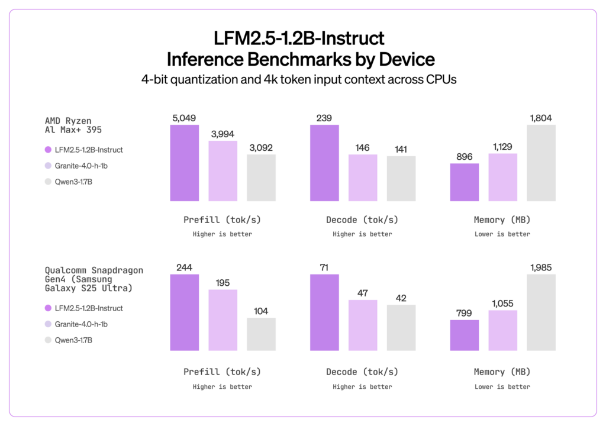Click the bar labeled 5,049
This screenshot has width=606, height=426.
click(x=185, y=163)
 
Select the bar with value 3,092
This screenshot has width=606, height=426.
click(x=261, y=177)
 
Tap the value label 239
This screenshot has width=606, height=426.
click(x=324, y=118)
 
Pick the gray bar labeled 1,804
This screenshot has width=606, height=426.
click(x=541, y=163)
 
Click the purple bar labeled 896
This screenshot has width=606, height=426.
click(x=465, y=182)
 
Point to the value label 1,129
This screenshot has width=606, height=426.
click(x=502, y=147)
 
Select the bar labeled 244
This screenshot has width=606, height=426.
click(x=185, y=312)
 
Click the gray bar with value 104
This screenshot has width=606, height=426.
click(x=261, y=334)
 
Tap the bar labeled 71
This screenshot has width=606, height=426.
click(x=324, y=312)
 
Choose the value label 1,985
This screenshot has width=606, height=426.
click(x=541, y=267)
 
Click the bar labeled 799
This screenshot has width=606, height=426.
click(x=465, y=335)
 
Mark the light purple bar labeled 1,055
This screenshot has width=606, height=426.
click(x=502, y=330)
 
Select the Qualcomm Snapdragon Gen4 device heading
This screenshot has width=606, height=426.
click(x=94, y=279)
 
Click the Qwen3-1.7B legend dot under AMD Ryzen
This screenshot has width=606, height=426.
click(x=49, y=182)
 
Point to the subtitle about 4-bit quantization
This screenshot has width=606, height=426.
click(x=302, y=80)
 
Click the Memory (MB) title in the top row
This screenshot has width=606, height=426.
click(x=502, y=220)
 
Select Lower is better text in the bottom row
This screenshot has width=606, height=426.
click(x=502, y=386)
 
